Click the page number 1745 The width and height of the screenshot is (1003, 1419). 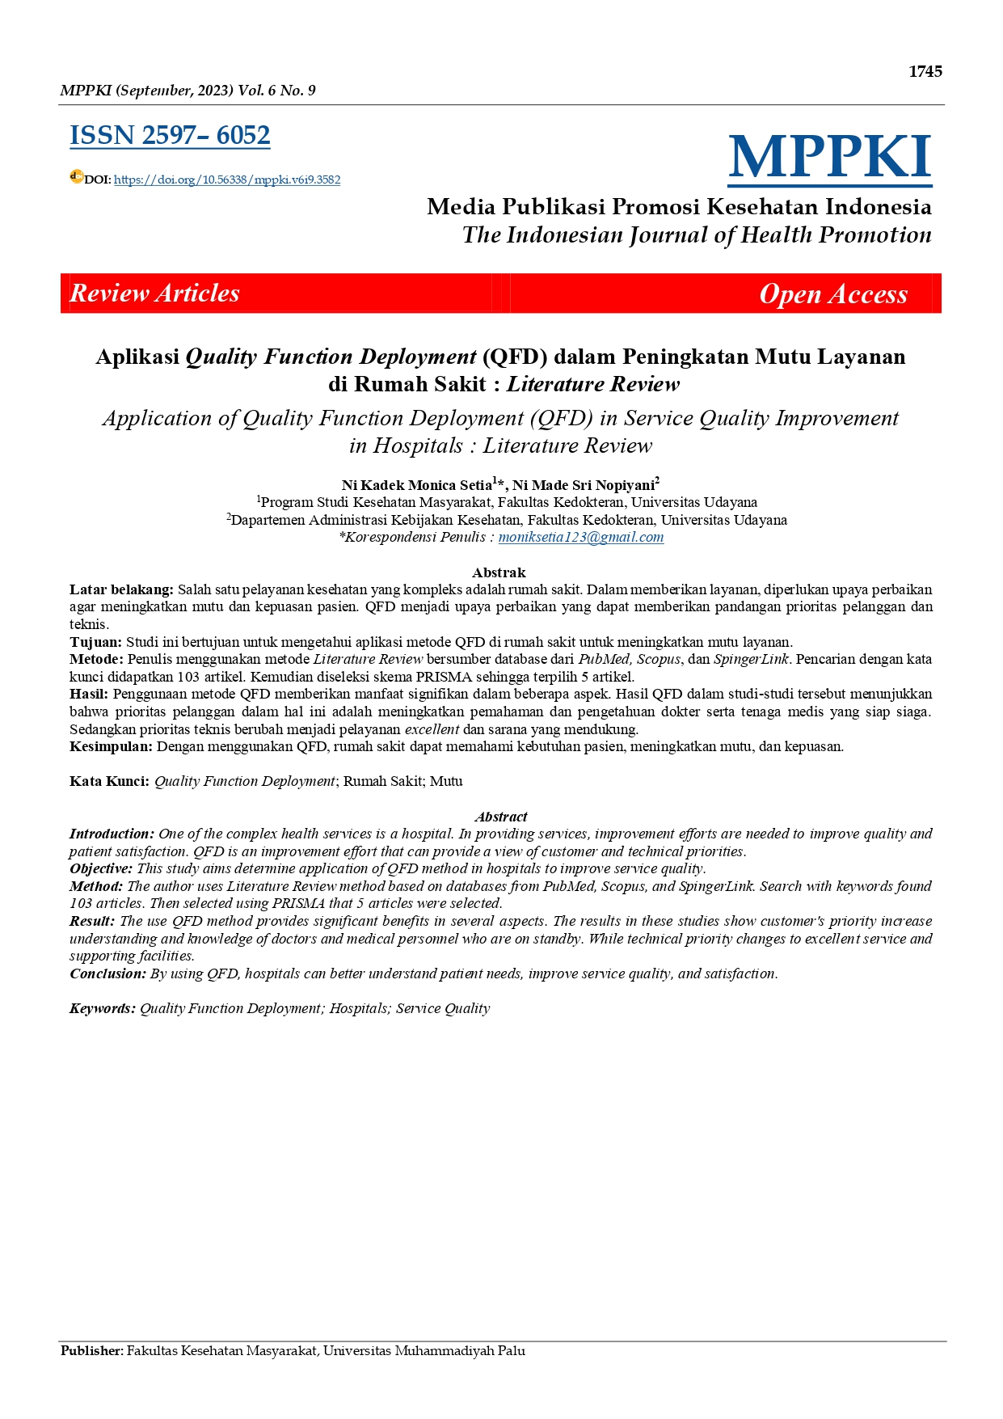[925, 71]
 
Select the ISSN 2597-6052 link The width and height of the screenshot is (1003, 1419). [170, 135]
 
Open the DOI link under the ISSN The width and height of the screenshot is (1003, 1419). [226, 179]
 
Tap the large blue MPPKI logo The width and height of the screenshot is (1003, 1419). [829, 157]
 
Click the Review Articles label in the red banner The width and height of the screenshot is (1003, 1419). [154, 293]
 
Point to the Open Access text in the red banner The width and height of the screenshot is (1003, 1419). [832, 294]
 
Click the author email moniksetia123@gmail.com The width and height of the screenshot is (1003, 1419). [580, 537]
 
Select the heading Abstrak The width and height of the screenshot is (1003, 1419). [499, 572]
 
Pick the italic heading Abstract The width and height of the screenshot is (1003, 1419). [500, 817]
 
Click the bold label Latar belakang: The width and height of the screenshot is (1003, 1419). [121, 589]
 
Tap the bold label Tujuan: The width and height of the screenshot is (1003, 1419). [95, 642]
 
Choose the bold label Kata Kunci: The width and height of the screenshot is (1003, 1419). [109, 781]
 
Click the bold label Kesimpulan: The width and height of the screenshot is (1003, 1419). [111, 746]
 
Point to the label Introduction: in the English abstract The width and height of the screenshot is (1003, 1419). [112, 834]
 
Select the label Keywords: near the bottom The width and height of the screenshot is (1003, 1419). [102, 1008]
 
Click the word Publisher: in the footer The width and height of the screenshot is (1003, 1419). [92, 1350]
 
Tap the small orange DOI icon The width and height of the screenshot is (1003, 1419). [76, 176]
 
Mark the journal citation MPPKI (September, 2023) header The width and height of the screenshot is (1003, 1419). [188, 91]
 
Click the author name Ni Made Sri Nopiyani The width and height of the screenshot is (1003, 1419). [584, 485]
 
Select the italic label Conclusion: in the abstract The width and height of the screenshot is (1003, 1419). [107, 973]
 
